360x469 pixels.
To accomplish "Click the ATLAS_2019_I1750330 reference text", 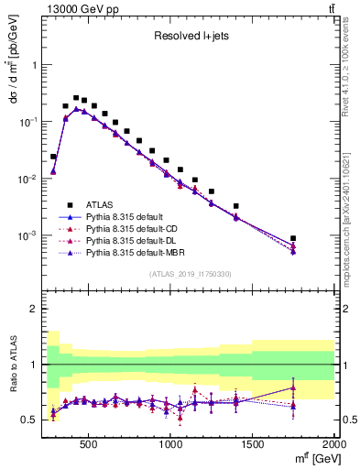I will pyautogui.click(x=191, y=274).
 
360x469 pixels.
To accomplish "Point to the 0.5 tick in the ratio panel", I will pyautogui.click(x=31, y=420).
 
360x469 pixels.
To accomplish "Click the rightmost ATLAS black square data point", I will pyautogui.click(x=293, y=238).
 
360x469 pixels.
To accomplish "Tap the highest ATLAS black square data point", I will pyautogui.click(x=76, y=97).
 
